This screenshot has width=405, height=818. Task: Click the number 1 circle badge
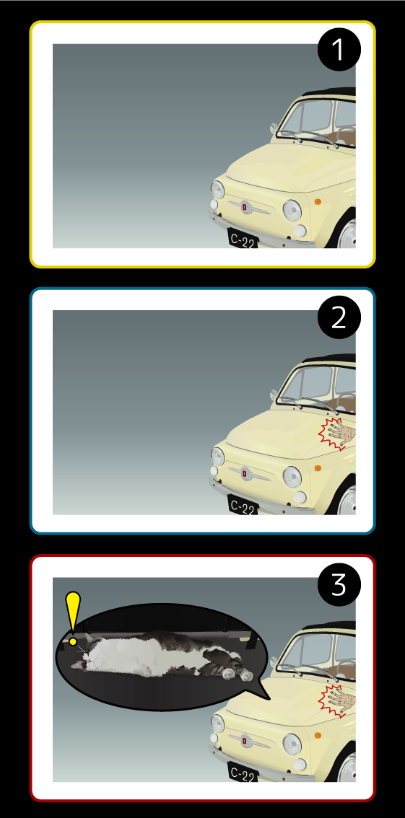tap(339, 50)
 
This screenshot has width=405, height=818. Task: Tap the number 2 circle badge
tap(339, 317)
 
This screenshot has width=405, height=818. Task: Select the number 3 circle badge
tap(339, 584)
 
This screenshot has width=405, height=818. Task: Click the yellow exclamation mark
tap(73, 619)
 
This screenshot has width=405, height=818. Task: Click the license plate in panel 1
tap(243, 240)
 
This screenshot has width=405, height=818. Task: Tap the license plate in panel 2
tap(243, 506)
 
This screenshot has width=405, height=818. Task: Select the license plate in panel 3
tap(243, 773)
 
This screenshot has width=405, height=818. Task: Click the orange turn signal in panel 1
tap(318, 201)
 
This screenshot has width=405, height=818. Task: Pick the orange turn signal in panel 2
tap(318, 468)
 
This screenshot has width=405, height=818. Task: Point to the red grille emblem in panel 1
tap(244, 207)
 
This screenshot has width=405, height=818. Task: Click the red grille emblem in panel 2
tap(244, 474)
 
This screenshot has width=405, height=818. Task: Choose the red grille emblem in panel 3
tap(244, 742)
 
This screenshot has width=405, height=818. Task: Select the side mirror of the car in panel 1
tap(274, 128)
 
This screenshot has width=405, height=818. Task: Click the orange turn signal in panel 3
tap(318, 736)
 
